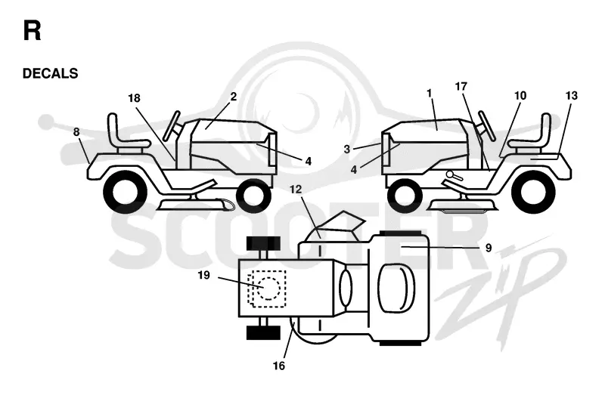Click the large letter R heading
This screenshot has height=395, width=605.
(32, 31)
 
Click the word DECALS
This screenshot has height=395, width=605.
(50, 73)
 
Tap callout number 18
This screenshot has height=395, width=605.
(134, 98)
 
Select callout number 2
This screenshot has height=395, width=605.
(234, 97)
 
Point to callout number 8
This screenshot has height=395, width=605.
(76, 132)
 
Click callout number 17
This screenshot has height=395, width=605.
(461, 86)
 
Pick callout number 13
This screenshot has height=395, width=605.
(572, 96)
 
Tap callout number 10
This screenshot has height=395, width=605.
(520, 96)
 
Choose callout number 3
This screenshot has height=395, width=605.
(347, 149)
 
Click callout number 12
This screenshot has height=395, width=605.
(296, 190)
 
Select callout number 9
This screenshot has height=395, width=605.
(489, 248)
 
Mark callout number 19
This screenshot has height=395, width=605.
(203, 275)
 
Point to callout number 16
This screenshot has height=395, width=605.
(279, 366)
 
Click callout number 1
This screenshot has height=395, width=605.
(429, 93)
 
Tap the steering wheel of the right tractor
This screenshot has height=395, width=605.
(487, 125)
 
